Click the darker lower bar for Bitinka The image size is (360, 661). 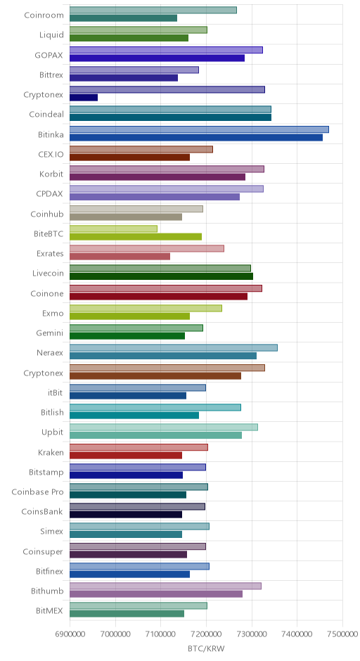point(196,137)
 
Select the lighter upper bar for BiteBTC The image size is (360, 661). point(113,229)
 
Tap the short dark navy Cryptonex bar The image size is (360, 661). point(84,98)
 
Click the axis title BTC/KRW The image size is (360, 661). point(206,648)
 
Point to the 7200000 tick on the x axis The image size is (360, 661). point(206,634)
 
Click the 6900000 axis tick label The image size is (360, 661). point(70,634)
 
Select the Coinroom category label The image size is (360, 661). point(44,15)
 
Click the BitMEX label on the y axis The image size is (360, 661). point(50,611)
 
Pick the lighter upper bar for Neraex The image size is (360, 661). point(173,348)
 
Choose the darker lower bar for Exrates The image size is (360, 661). point(120,256)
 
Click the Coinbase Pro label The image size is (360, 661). point(37,492)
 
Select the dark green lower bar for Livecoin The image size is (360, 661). point(161,276)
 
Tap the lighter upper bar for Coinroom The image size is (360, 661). point(153,10)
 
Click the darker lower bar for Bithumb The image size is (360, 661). point(156,594)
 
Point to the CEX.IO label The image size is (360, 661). point(51,154)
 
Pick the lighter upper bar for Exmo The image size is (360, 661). point(146,308)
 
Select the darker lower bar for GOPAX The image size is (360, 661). point(157,58)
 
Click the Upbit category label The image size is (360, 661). point(52,432)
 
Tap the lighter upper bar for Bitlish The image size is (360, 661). point(155,407)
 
